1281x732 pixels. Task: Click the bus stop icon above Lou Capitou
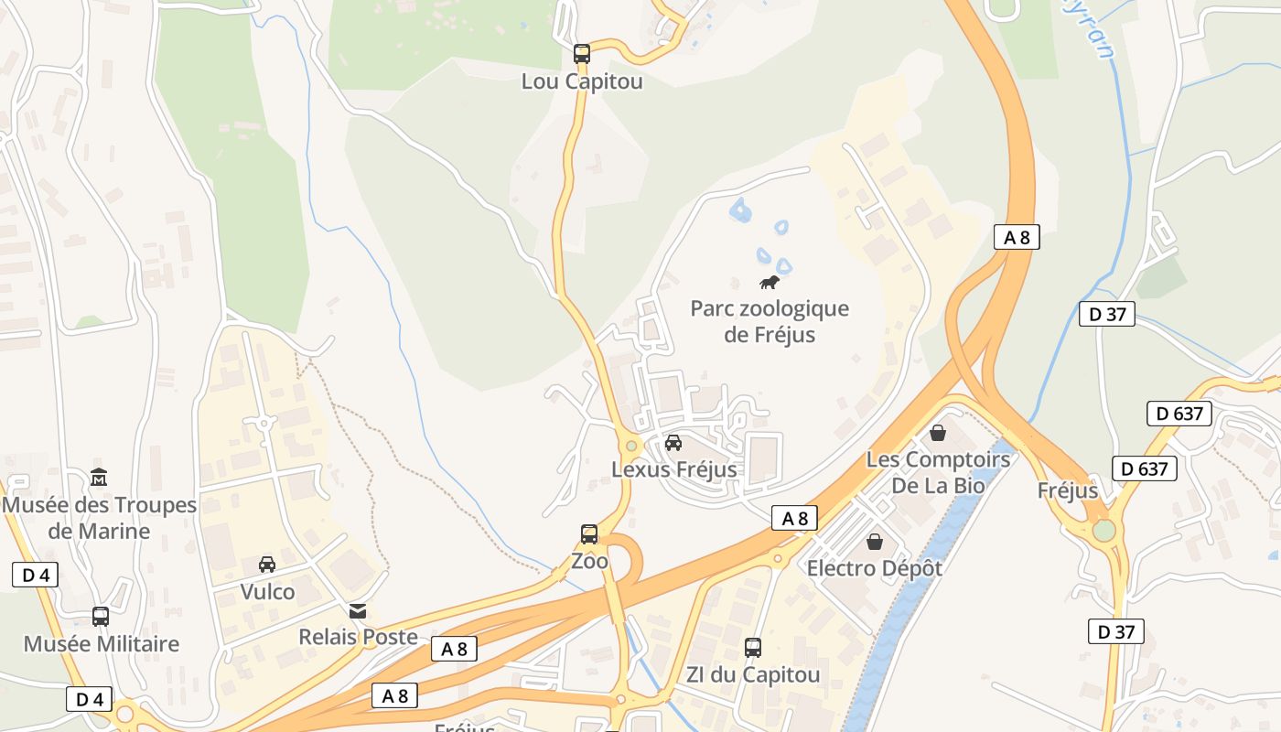click(x=582, y=53)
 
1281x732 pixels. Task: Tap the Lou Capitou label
click(x=582, y=81)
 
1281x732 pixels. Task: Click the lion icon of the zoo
click(x=770, y=282)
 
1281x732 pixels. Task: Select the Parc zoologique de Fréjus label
click(x=770, y=321)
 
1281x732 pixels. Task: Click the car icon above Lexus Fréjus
click(x=673, y=443)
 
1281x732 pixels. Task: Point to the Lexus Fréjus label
click(x=673, y=470)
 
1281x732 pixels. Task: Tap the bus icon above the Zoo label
click(x=589, y=533)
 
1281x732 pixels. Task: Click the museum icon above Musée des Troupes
click(x=99, y=477)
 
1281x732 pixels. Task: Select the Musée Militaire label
click(x=101, y=644)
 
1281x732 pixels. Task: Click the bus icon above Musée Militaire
click(x=101, y=617)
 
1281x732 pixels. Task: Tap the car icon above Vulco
click(x=267, y=565)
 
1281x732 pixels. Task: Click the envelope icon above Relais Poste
click(x=358, y=610)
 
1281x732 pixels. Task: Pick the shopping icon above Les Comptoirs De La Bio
click(x=938, y=432)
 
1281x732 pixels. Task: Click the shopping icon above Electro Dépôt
click(x=875, y=542)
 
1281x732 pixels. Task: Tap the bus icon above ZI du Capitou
click(x=752, y=648)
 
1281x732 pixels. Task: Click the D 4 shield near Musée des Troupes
click(x=35, y=575)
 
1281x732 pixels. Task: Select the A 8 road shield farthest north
click(x=1017, y=238)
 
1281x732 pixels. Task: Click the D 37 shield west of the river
click(x=1106, y=314)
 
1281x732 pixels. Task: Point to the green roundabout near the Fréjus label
click(x=1104, y=531)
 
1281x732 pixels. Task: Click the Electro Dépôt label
click(x=874, y=568)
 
